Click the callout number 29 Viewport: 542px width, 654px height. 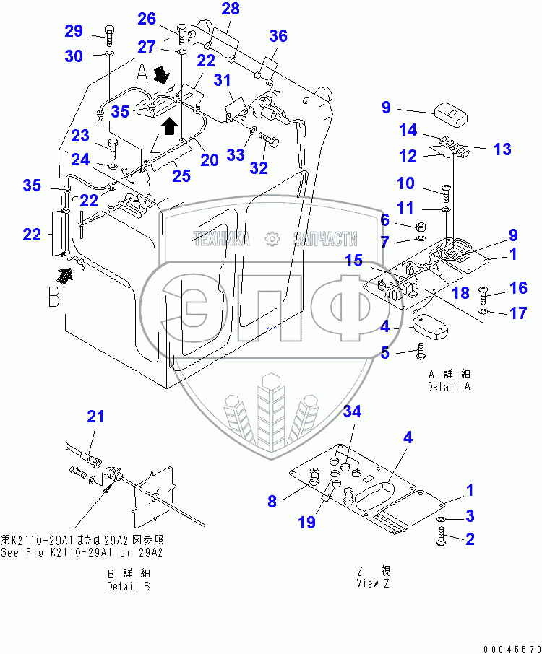(x=74, y=31)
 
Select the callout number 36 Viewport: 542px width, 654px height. (x=278, y=36)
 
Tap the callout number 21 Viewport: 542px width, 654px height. (x=96, y=417)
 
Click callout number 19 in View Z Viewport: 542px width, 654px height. (x=307, y=523)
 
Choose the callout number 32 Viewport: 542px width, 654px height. (x=258, y=168)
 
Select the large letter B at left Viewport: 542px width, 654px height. (x=54, y=297)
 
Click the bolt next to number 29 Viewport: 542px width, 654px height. (x=108, y=32)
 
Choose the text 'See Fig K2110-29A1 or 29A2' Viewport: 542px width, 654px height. (x=82, y=553)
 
